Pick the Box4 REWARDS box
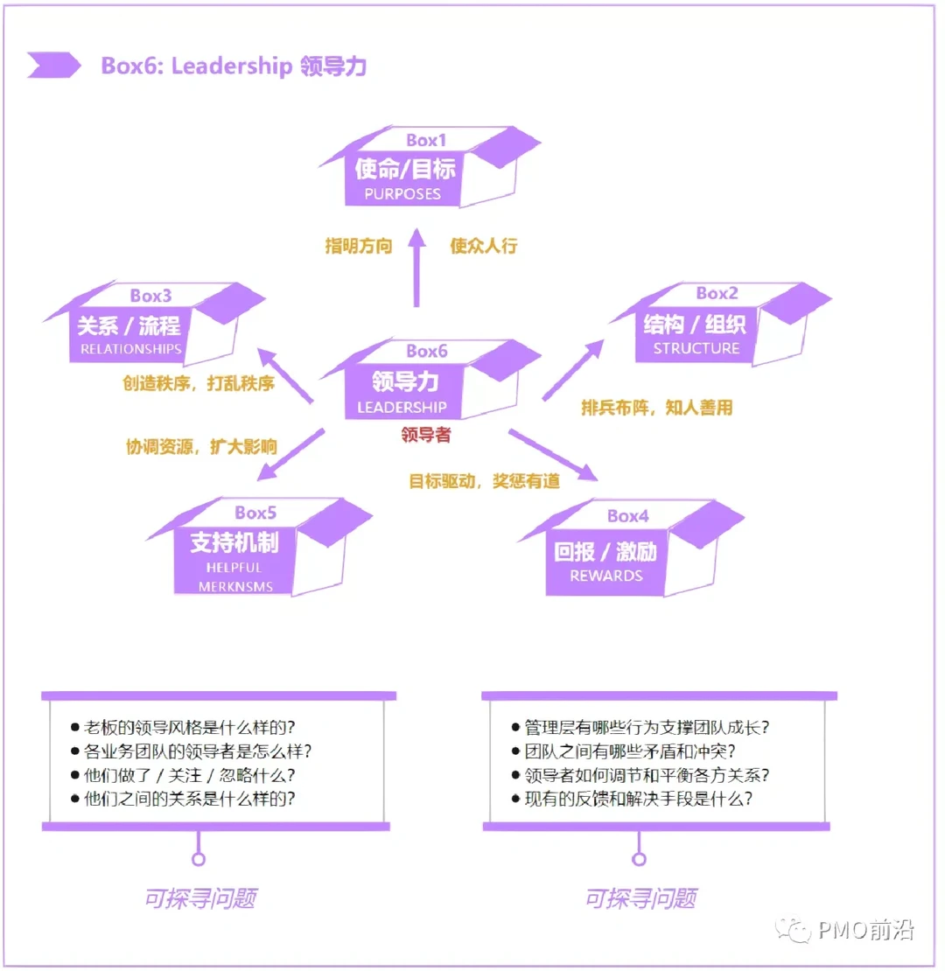click(x=606, y=561)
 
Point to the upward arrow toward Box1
click(x=416, y=268)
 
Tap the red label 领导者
click(x=426, y=435)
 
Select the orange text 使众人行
click(x=484, y=246)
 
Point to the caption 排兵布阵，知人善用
click(x=656, y=408)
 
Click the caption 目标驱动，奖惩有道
click(x=484, y=480)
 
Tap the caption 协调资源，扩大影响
click(x=201, y=447)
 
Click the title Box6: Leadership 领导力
click(x=234, y=66)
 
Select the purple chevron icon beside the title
click(x=52, y=66)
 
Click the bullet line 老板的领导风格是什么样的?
click(x=189, y=728)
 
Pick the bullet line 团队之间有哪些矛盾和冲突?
click(x=629, y=751)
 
